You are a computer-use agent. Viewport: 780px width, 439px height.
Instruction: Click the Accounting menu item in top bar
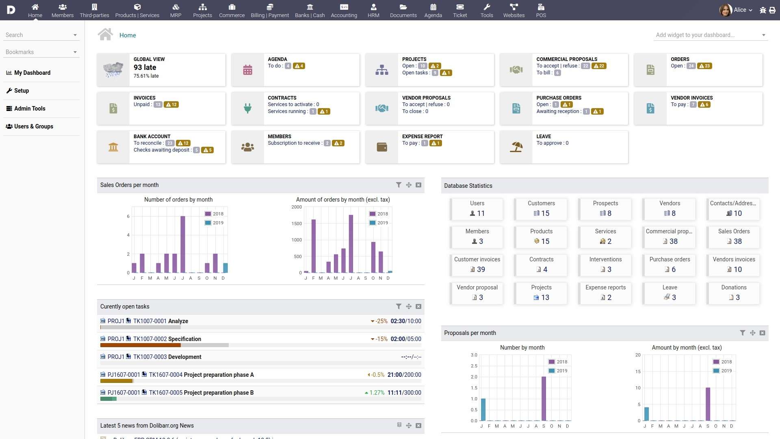[x=344, y=11]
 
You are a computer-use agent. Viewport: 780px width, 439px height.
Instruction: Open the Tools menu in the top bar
[x=486, y=11]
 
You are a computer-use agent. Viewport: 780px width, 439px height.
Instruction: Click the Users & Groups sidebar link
[x=33, y=126]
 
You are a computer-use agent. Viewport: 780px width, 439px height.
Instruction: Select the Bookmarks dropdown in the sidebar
[x=41, y=52]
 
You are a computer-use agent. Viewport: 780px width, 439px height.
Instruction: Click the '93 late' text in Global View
[x=145, y=67]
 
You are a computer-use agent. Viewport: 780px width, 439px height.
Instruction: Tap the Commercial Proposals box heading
[x=566, y=59]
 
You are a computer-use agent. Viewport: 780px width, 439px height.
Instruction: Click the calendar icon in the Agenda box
[x=247, y=70]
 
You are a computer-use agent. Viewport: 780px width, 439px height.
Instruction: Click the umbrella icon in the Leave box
[x=516, y=147]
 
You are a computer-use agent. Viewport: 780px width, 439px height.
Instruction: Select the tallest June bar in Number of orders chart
[x=182, y=244]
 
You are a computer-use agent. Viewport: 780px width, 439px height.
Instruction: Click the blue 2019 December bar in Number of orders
[x=225, y=267]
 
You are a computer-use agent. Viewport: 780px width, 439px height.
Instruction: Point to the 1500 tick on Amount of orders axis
[x=297, y=224]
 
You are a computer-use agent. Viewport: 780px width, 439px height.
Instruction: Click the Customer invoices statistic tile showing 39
[x=477, y=265]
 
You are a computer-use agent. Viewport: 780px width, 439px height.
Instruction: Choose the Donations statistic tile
[x=733, y=293]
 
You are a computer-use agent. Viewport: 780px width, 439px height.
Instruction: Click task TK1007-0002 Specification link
[x=167, y=339]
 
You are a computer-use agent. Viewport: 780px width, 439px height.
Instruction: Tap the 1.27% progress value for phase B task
[x=376, y=393]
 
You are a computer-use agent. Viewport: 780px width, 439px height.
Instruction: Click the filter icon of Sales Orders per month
[x=399, y=185]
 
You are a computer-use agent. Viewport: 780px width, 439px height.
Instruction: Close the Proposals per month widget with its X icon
[x=762, y=333]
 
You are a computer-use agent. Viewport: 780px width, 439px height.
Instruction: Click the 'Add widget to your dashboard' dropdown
[x=710, y=35]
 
